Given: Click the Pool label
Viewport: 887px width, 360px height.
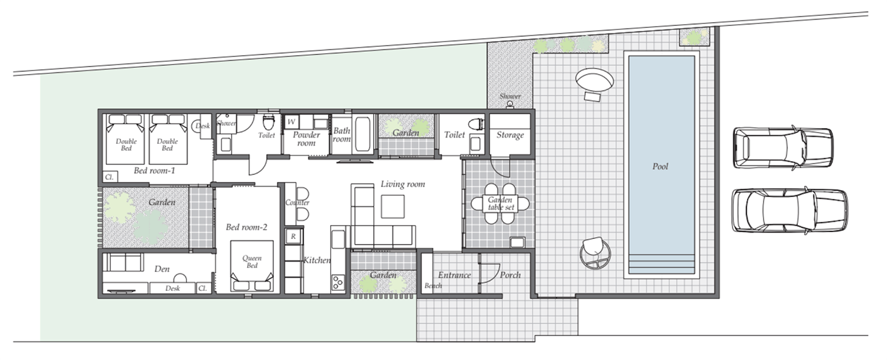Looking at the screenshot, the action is tap(660, 166).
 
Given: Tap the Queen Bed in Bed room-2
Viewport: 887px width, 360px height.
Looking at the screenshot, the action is tap(252, 266).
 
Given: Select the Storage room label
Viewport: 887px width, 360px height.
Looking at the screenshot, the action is tap(510, 135).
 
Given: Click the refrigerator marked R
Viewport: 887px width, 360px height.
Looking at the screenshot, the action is tap(293, 236).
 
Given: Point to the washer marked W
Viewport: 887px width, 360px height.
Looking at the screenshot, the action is tap(291, 122).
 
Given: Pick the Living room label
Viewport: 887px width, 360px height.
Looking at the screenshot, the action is tap(403, 184).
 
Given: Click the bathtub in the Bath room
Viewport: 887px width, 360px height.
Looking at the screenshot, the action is tap(362, 134).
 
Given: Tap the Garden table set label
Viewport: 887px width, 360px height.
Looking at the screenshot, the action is tap(501, 203).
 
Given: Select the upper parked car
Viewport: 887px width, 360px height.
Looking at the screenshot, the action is tap(783, 148).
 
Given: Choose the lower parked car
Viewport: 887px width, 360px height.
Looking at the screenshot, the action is tap(789, 210).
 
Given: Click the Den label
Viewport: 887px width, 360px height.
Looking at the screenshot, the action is tap(162, 269).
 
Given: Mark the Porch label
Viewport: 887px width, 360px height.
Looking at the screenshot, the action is tap(510, 275).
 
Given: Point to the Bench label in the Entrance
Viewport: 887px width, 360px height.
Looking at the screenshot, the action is tap(433, 286).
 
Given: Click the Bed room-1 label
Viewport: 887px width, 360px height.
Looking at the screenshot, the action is tap(155, 170).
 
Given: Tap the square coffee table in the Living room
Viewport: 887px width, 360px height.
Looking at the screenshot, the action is tap(393, 207).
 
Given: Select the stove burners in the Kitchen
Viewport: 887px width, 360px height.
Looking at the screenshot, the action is tap(338, 283).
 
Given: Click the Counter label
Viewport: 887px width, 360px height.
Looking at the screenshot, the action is tap(297, 202).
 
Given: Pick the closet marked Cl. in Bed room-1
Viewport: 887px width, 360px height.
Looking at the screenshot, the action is tap(110, 177).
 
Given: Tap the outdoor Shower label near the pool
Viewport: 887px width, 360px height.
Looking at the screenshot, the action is tap(510, 96).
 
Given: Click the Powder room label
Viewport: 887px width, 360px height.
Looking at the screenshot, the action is tap(307, 139).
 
